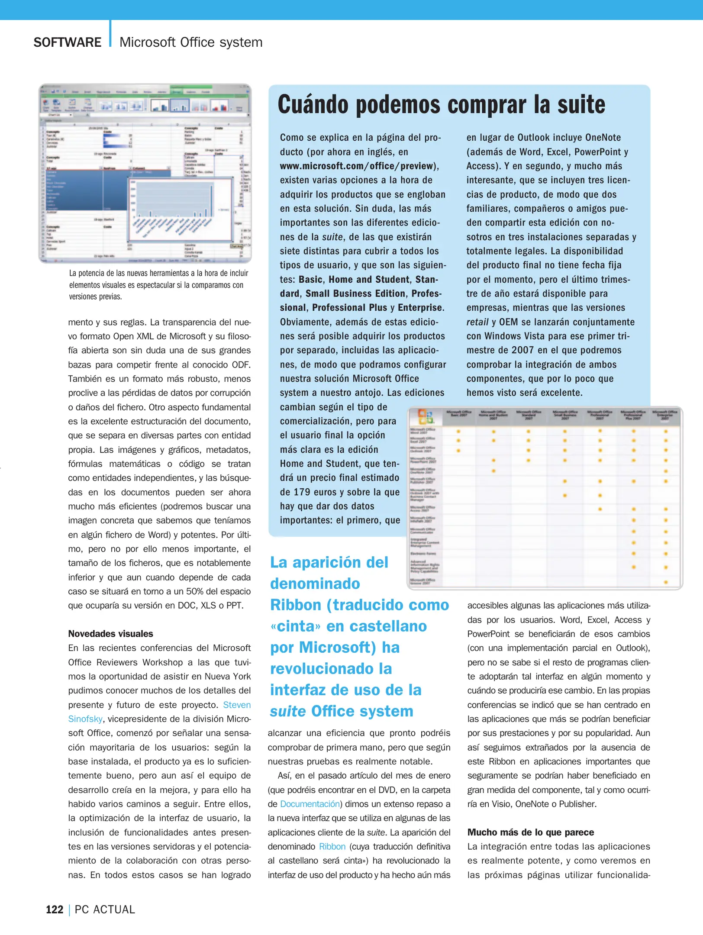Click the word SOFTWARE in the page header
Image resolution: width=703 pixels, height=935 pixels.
click(x=67, y=42)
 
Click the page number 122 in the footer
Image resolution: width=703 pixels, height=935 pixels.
click(x=55, y=909)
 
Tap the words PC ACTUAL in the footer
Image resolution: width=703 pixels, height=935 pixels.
click(x=105, y=909)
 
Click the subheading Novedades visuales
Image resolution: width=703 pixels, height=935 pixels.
click(x=110, y=634)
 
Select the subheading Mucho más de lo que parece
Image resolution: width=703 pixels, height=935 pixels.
click(x=530, y=832)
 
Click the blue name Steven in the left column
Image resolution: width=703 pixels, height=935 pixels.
click(x=237, y=705)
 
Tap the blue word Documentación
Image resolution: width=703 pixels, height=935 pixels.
click(x=310, y=804)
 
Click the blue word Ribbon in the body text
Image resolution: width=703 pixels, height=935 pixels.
click(x=332, y=846)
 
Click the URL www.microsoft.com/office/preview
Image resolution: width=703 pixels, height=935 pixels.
click(x=356, y=166)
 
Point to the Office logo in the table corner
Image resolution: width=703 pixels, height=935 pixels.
click(x=426, y=416)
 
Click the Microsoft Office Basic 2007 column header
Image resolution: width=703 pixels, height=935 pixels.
click(x=458, y=414)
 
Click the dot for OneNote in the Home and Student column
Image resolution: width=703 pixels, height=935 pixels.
click(x=493, y=471)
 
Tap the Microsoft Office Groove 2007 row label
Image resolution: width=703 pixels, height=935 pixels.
click(x=423, y=582)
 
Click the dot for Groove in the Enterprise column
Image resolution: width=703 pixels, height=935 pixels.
click(x=666, y=582)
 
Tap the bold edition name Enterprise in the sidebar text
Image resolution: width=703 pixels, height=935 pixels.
click(x=420, y=307)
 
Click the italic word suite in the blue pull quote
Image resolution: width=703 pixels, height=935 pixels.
click(x=287, y=711)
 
